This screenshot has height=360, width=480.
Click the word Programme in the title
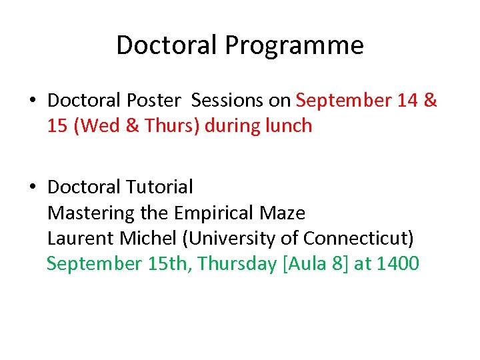(x=294, y=45)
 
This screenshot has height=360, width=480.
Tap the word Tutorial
(x=163, y=187)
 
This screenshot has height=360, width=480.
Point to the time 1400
(x=397, y=264)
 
